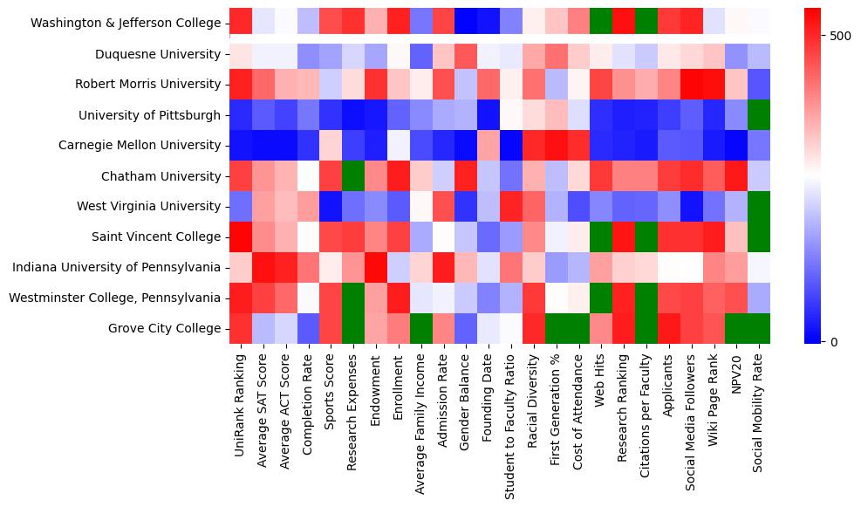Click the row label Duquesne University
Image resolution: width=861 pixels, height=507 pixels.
(x=158, y=55)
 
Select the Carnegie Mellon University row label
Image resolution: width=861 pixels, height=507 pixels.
(x=149, y=145)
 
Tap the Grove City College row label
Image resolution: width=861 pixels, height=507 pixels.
(x=164, y=328)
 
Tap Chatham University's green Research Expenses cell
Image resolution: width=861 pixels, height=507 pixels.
(x=353, y=175)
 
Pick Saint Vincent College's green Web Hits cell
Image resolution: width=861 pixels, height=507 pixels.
(x=601, y=236)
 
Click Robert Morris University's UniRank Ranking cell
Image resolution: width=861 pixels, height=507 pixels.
(x=241, y=84)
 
